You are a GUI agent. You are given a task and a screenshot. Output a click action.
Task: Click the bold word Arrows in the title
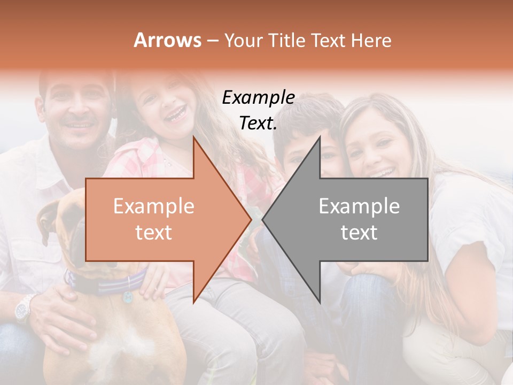tap(167, 40)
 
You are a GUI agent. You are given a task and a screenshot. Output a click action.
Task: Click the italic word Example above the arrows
tap(258, 97)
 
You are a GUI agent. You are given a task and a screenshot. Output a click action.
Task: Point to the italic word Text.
tap(258, 123)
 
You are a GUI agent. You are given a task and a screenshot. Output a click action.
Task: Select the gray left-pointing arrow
tap(353, 219)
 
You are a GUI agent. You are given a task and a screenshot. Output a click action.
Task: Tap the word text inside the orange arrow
tap(153, 233)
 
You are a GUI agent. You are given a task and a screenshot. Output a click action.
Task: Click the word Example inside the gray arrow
tap(359, 206)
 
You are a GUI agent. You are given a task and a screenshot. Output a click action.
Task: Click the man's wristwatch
tap(23, 309)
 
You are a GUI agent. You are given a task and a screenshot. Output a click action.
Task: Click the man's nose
tap(79, 110)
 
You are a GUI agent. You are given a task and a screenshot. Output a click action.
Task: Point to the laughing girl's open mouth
tap(175, 113)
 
